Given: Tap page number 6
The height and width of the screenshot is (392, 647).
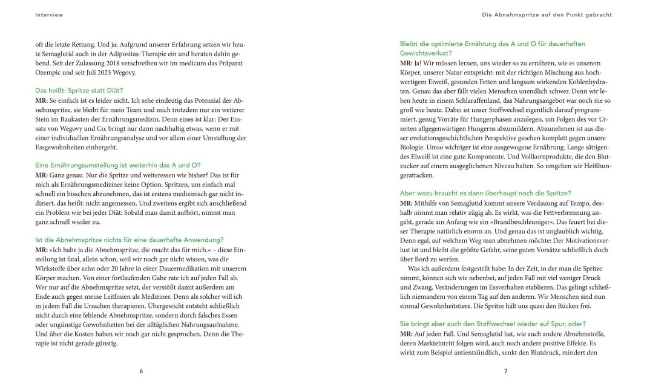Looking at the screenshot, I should click(x=141, y=371).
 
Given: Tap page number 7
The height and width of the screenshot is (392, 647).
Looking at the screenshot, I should click(x=505, y=371).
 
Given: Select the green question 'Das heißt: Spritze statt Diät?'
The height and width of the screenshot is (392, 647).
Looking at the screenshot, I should click(x=79, y=90).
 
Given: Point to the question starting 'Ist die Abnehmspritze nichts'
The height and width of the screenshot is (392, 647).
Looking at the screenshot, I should click(x=130, y=240).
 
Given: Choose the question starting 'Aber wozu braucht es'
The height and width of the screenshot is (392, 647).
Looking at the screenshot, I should click(x=482, y=193).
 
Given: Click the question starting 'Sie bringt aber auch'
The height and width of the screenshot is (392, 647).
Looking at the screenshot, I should click(x=493, y=324).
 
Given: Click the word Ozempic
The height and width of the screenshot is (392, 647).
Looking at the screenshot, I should click(x=50, y=73).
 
